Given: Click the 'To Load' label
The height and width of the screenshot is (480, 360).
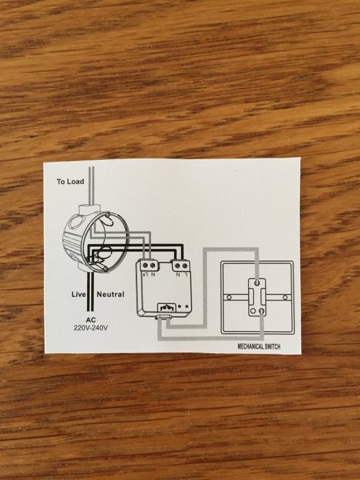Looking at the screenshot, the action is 70,182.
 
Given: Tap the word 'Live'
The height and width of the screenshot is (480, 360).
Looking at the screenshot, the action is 79,294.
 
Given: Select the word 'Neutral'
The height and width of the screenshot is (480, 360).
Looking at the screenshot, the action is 110,294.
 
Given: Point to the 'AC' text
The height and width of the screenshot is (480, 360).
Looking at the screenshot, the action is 91,320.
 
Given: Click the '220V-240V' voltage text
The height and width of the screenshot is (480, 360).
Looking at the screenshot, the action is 91,328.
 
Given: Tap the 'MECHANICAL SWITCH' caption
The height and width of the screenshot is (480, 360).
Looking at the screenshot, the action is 259,346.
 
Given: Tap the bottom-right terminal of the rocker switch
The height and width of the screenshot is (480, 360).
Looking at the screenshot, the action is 262,311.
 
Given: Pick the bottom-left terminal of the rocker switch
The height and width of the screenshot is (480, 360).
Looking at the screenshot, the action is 253,311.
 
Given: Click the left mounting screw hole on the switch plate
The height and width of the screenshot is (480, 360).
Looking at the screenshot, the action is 229,297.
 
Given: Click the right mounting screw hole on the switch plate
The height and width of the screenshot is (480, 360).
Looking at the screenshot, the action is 285,297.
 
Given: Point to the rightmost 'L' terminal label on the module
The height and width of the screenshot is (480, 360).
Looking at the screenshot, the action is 186,274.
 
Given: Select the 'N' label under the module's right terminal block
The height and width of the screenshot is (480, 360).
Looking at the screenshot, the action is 178,274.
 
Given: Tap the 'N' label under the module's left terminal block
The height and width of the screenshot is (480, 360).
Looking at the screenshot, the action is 153,274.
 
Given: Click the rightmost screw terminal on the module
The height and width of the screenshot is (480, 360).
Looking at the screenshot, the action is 185,265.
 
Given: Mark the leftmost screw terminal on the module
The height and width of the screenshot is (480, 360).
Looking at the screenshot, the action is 145,265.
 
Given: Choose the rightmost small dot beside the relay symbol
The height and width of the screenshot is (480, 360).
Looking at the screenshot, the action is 187,306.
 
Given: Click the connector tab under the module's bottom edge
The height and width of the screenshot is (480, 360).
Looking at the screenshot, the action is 163,317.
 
